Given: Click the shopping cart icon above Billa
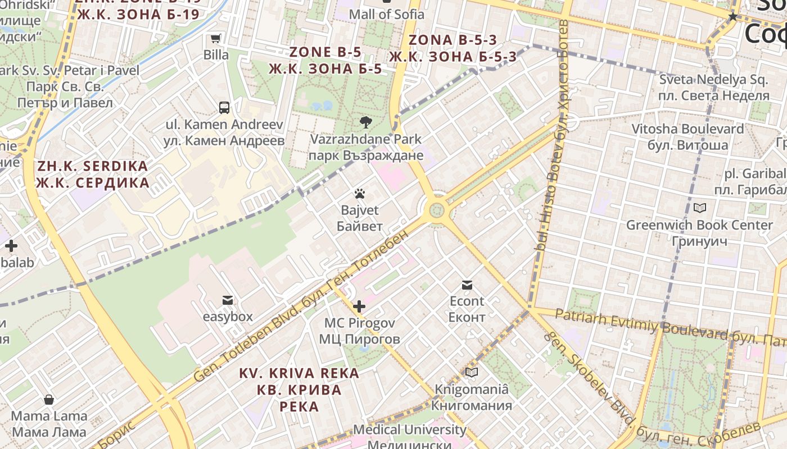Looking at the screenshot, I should (215, 39).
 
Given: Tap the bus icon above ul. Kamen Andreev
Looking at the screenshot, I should (224, 107).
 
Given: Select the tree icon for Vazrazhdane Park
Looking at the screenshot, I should (365, 122).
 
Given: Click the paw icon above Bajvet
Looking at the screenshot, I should (360, 194).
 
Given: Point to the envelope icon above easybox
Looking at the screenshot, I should (228, 300).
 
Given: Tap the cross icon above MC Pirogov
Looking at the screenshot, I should (359, 306).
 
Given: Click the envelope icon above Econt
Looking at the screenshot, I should (467, 285).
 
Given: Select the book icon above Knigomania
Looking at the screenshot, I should (472, 372).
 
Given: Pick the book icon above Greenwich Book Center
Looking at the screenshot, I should (699, 208).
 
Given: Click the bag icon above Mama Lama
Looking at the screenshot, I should (49, 400).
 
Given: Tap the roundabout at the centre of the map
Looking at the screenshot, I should (436, 211).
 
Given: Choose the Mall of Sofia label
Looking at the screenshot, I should (387, 14).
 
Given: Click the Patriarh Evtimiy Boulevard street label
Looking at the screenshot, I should (641, 325).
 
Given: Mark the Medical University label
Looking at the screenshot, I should (410, 430).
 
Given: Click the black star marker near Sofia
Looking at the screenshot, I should (732, 17).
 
